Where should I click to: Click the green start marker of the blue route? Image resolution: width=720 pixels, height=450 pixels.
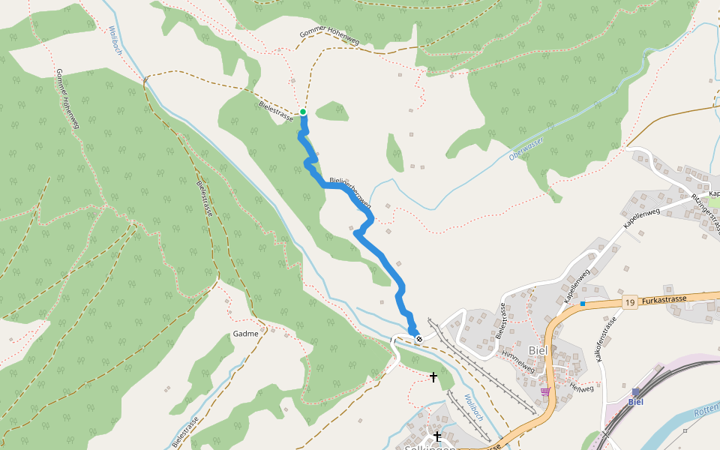point(303,112)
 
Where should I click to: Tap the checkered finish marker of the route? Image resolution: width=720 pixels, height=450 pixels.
point(419,339)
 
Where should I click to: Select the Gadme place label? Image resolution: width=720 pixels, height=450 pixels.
point(245,334)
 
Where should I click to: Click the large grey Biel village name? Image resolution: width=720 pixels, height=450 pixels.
point(538,350)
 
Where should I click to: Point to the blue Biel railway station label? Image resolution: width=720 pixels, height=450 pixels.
point(636,401)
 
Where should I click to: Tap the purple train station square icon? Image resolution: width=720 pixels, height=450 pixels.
point(636,391)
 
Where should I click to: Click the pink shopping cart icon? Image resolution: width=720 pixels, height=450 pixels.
point(544,391)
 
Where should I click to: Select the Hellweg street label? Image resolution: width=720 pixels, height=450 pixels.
point(581,388)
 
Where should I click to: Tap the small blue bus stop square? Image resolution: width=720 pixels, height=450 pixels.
point(582,303)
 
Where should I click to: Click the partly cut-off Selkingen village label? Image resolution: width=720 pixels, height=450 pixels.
point(430,447)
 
